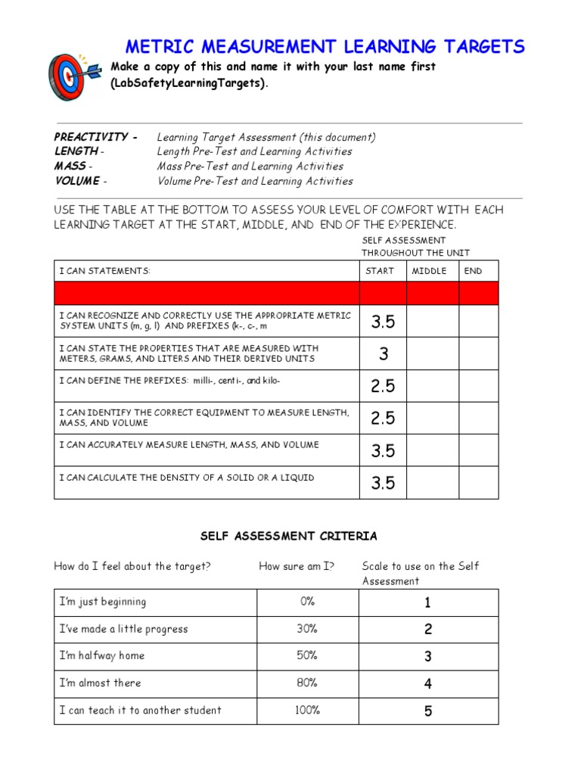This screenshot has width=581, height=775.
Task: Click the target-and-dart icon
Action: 73,78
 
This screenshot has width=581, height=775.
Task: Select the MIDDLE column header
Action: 429,271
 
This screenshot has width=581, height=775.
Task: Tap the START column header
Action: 380,271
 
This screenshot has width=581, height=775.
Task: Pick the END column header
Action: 474,271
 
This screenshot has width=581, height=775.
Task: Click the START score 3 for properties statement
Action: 384,353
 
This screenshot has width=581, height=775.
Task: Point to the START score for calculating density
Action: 384,483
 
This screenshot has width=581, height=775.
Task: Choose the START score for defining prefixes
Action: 384,386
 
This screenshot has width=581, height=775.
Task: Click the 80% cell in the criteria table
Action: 307,683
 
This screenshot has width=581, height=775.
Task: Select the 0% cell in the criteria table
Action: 307,602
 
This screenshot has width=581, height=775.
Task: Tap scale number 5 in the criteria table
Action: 428,711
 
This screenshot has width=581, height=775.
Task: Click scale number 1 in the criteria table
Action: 428,603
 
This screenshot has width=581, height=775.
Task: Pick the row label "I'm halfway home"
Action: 102,655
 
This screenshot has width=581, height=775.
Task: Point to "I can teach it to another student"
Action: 141,710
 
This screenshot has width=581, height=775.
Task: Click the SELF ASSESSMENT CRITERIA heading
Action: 288,536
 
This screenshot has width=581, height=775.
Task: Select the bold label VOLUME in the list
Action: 76,181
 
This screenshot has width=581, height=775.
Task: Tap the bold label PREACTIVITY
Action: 92,137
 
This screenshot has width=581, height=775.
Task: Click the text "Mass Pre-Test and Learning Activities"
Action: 250,167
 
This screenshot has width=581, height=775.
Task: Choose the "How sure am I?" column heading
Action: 297,566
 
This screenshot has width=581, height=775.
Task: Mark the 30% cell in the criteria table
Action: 307,629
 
